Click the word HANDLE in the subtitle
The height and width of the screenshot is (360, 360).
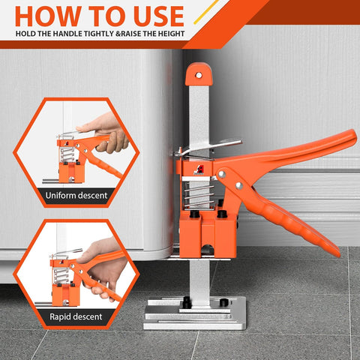click(x=74, y=34)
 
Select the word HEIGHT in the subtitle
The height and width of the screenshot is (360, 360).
click(x=171, y=34)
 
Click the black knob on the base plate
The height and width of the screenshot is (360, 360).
click(x=183, y=301)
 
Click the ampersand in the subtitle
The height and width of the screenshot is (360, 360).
click(x=117, y=34)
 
